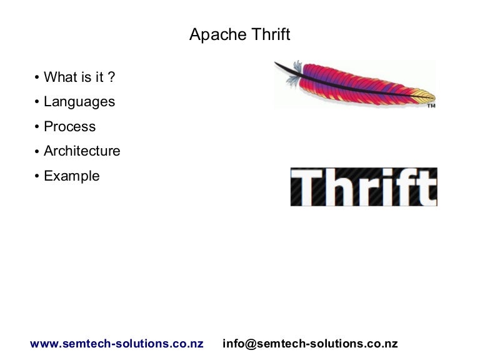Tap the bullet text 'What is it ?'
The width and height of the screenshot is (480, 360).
tap(79, 77)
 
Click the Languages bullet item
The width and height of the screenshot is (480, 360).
tap(79, 101)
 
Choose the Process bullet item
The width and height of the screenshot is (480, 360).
tap(69, 126)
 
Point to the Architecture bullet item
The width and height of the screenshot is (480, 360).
tap(82, 151)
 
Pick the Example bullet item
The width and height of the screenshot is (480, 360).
tap(72, 176)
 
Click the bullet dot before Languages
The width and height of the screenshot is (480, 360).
tap(37, 102)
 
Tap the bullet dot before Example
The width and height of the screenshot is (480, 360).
tap(37, 176)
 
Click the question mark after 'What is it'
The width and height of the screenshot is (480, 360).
tap(112, 77)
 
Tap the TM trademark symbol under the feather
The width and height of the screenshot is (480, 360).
tap(431, 106)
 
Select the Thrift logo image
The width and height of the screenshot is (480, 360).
tap(363, 187)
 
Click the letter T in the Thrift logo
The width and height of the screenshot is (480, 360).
tap(306, 187)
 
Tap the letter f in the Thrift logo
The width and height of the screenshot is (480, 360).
tap(409, 186)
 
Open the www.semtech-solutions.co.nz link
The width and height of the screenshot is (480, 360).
tap(117, 344)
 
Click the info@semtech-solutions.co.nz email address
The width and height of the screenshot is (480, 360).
tap(310, 344)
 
